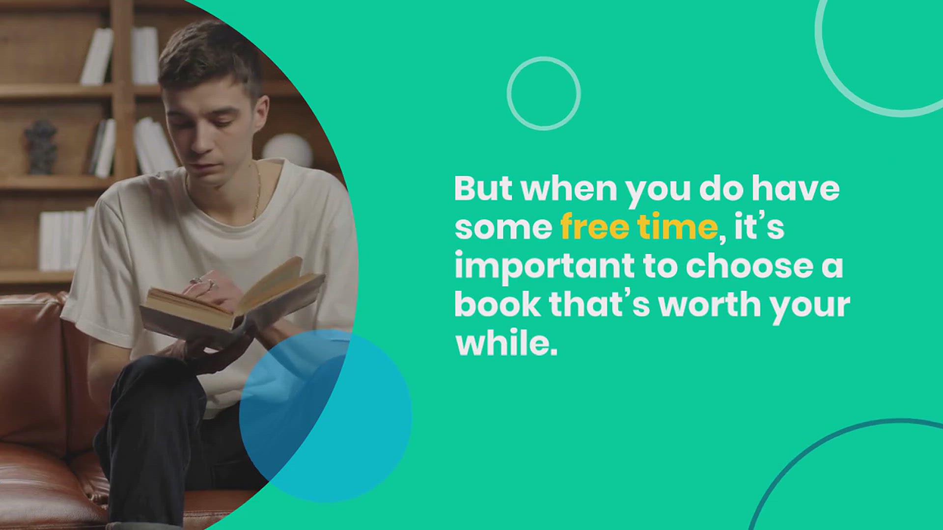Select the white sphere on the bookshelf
pos(287,150)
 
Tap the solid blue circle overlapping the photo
pos(326,416)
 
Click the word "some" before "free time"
pos(503,228)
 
